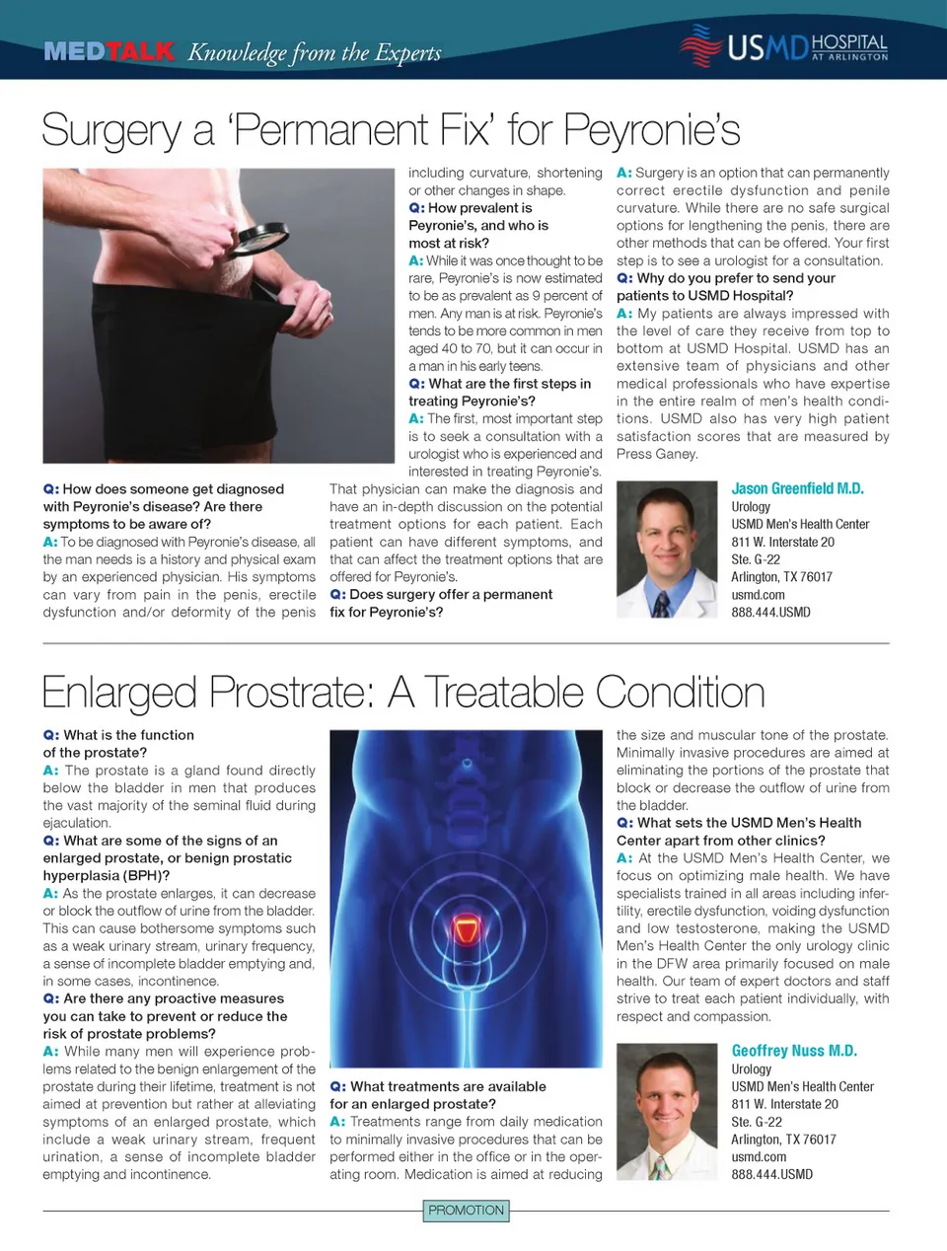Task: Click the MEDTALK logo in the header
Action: [109, 51]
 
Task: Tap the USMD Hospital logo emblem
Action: [700, 45]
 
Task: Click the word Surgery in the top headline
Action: [111, 131]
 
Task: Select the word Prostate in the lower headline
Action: [292, 693]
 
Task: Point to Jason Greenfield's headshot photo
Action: [666, 550]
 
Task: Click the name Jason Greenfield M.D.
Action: [797, 488]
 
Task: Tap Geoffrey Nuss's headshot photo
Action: [666, 1112]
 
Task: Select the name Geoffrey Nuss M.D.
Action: [794, 1051]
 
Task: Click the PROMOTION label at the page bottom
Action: [467, 1211]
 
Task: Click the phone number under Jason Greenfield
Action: [770, 613]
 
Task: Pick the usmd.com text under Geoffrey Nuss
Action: [759, 1157]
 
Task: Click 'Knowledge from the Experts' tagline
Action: [314, 52]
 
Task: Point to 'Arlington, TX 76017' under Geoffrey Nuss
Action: [783, 1140]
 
